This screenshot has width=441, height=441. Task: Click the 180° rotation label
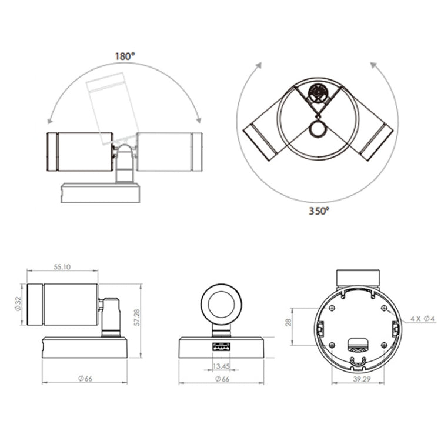click(x=125, y=56)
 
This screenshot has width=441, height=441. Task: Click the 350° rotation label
click(x=319, y=211)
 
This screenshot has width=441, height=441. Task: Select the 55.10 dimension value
click(x=62, y=266)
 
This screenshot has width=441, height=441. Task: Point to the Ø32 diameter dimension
click(x=19, y=304)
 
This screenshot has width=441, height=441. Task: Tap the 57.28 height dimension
click(x=137, y=318)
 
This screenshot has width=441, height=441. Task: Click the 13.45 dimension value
click(x=221, y=366)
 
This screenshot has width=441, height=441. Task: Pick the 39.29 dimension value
click(x=362, y=379)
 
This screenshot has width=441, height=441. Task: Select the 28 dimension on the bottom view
click(x=289, y=322)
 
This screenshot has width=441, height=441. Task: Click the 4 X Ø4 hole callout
click(x=422, y=319)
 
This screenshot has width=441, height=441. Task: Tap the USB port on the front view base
click(x=221, y=348)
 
